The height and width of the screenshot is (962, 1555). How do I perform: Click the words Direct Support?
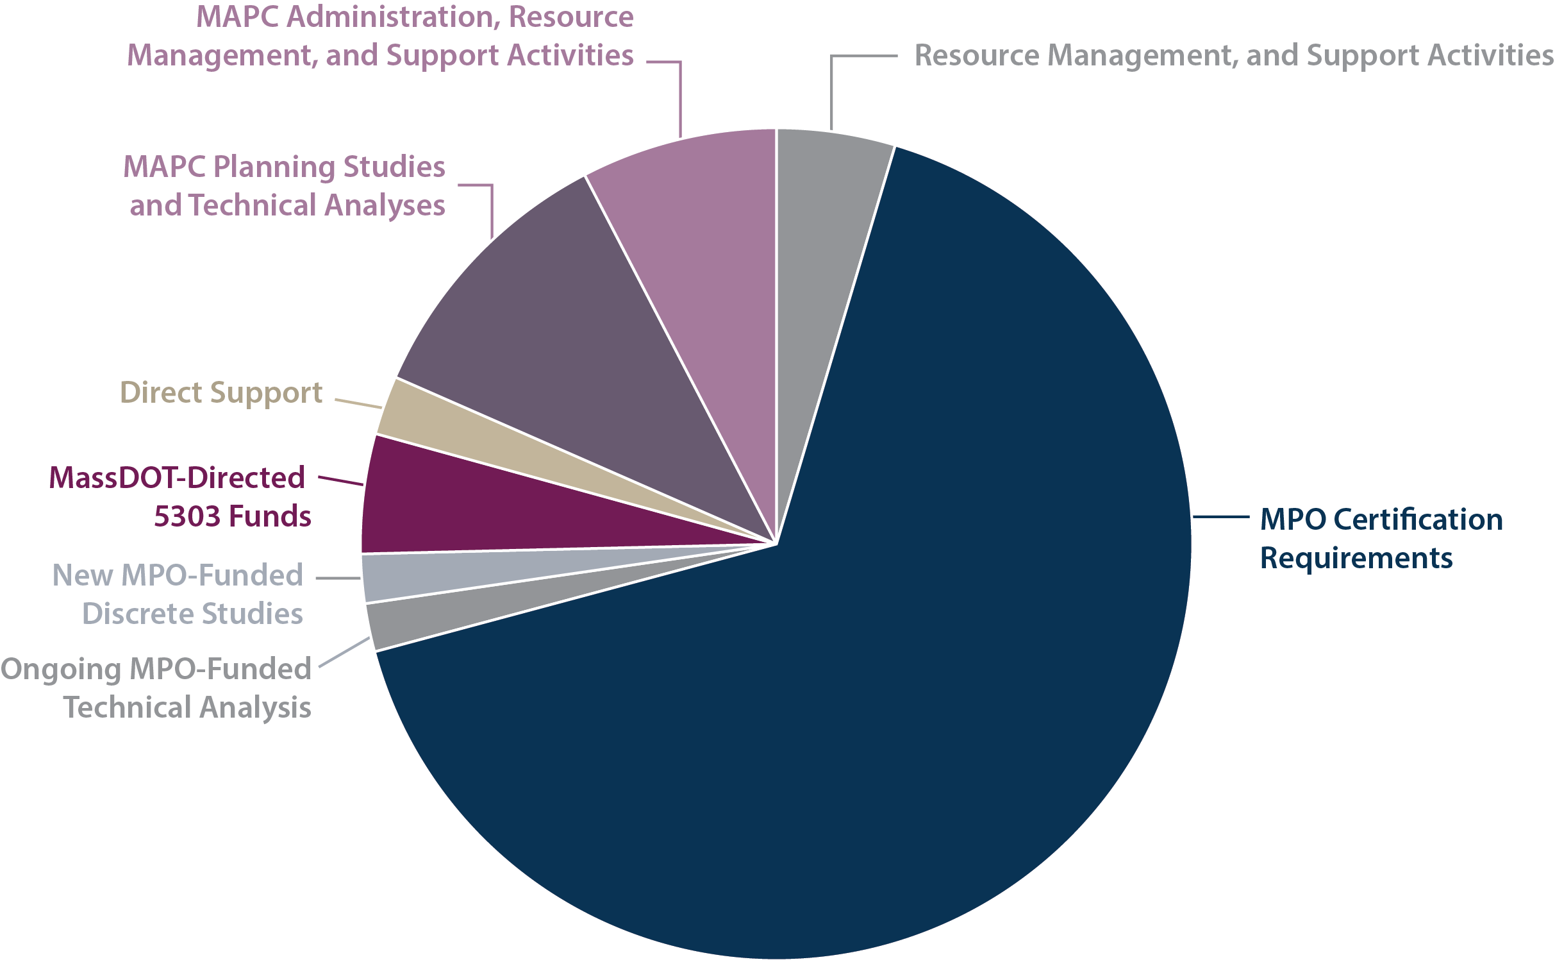[220, 392]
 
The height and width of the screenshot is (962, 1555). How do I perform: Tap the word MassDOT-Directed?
[177, 478]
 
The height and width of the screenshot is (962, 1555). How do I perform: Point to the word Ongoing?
[62, 669]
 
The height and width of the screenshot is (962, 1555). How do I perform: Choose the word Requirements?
[1356, 558]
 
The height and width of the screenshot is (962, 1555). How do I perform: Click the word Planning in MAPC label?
[275, 167]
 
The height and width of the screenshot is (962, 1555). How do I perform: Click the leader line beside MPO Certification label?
[1220, 516]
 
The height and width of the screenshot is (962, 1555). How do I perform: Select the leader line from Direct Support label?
[358, 403]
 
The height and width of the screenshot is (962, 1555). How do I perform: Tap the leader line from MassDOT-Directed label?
[340, 481]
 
